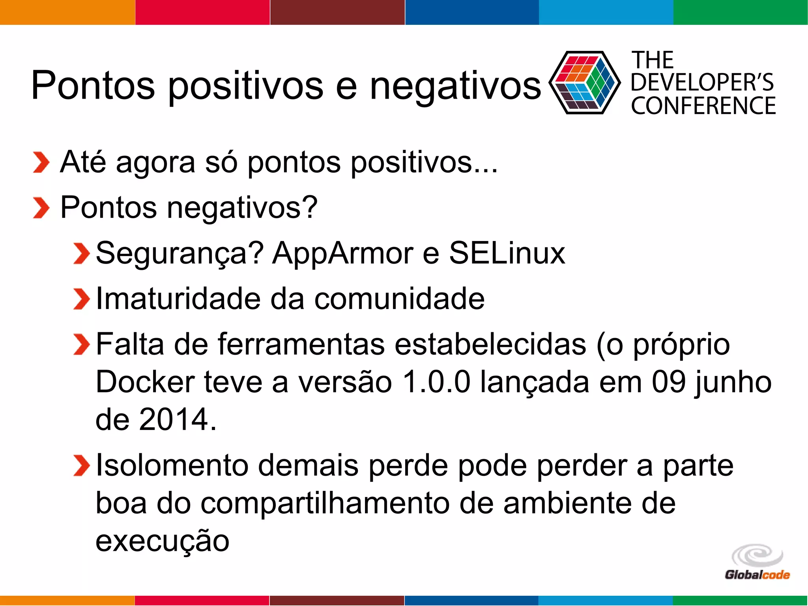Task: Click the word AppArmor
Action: (342, 253)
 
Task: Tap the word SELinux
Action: (507, 252)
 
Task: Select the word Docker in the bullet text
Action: (145, 382)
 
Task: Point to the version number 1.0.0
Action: (436, 382)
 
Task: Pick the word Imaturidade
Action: (178, 298)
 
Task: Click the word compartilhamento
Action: (325, 503)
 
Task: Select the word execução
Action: (162, 541)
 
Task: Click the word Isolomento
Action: (172, 466)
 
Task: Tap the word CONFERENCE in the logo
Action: (703, 106)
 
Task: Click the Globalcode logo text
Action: (757, 575)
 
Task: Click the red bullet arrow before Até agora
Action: (41, 163)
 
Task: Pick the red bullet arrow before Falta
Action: (81, 344)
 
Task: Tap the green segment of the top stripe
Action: (740, 12)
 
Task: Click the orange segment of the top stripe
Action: (67, 12)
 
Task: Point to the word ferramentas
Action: (301, 344)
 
